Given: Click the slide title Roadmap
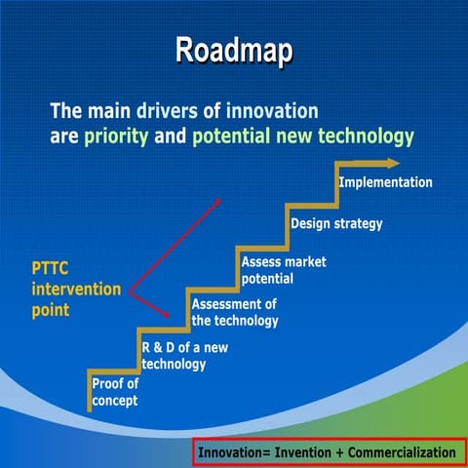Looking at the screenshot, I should (x=233, y=51).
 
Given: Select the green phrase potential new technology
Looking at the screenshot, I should (x=302, y=136).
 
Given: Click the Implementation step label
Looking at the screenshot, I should (x=385, y=182).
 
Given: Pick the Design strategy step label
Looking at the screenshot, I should (x=336, y=223).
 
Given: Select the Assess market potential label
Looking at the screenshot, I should (x=284, y=270).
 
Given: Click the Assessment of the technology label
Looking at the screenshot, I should (x=235, y=312).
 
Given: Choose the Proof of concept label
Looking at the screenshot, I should (x=115, y=392).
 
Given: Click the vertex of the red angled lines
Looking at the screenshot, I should (x=131, y=290).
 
